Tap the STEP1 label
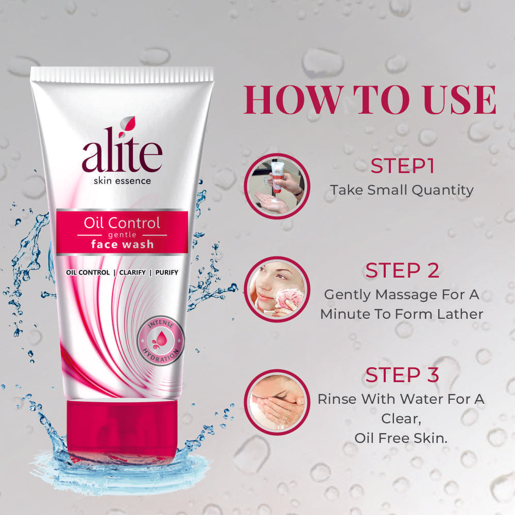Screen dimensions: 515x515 (402, 166)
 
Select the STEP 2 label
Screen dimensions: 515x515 (402, 271)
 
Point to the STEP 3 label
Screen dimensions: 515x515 (402, 374)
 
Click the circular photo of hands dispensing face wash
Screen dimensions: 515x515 (277, 186)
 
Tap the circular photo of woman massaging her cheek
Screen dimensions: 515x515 (277, 289)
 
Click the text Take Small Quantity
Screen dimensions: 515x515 (402, 190)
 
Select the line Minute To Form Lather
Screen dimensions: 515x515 (402, 314)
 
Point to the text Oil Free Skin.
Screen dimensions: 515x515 (402, 437)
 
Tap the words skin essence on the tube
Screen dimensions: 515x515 (122, 181)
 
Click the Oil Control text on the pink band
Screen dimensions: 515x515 (122, 223)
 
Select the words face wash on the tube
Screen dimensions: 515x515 (122, 244)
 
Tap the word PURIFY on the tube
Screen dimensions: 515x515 (165, 272)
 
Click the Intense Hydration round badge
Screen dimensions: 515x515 (160, 340)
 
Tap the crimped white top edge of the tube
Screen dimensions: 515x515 (122, 74)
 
